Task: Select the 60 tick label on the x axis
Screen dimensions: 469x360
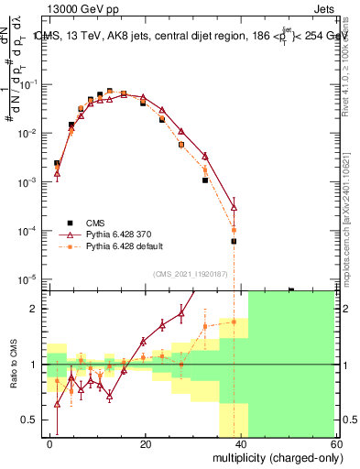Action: click(338, 442)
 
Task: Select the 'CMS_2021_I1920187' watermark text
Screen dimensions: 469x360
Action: click(189, 273)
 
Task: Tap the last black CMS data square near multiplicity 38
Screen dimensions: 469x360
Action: click(234, 241)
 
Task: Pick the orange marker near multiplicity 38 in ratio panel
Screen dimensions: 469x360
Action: click(234, 322)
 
